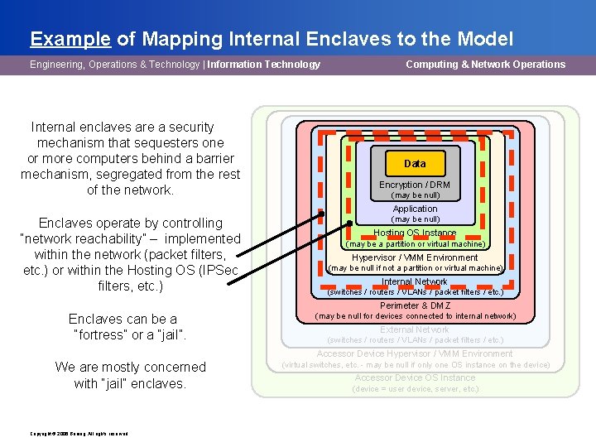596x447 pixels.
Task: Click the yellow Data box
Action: [415, 163]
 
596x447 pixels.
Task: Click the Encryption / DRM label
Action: [415, 185]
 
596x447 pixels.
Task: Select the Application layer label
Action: [415, 209]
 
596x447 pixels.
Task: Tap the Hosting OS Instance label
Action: [415, 233]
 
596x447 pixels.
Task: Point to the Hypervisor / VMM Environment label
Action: [415, 257]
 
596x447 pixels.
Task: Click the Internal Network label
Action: [415, 281]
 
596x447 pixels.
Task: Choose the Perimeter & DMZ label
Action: [415, 305]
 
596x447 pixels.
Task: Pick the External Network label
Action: [415, 329]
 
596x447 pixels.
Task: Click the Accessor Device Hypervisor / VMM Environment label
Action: [415, 353]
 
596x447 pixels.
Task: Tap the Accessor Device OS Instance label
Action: [415, 377]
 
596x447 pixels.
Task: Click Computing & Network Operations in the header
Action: [485, 65]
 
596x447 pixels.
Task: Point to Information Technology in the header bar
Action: [264, 65]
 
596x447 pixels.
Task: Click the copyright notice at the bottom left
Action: [79, 433]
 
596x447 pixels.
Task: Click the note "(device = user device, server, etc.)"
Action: [415, 389]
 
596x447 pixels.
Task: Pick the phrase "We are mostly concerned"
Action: [130, 367]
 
